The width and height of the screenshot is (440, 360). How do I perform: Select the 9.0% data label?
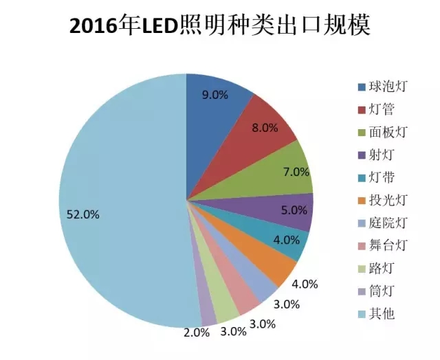pyautogui.click(x=215, y=95)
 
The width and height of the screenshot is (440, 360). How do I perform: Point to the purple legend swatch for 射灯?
pyautogui.click(x=362, y=155)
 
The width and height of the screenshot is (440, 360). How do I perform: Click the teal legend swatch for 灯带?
pyautogui.click(x=362, y=178)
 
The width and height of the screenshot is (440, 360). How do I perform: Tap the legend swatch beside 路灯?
pyautogui.click(x=362, y=269)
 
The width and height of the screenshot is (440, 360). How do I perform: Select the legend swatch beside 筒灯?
pyautogui.click(x=362, y=292)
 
